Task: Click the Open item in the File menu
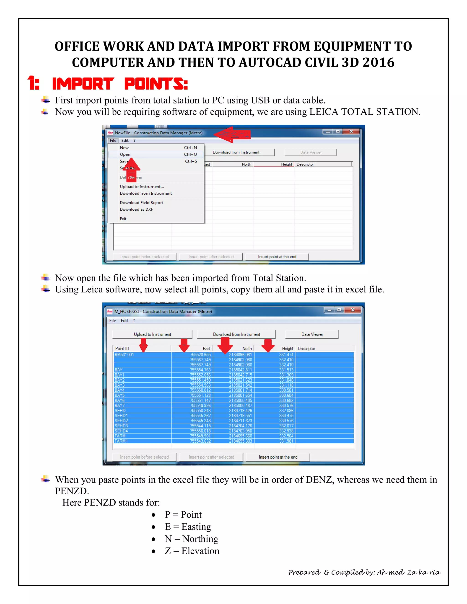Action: (125, 154)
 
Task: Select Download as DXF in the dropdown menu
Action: (136, 209)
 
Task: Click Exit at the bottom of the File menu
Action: (123, 219)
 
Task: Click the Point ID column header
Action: (122, 348)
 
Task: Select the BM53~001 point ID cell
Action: (124, 355)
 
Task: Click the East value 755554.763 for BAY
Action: (200, 370)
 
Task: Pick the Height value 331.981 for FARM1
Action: (286, 441)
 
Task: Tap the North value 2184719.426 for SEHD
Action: (240, 410)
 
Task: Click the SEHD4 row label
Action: (121, 431)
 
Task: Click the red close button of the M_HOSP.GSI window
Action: (353, 310)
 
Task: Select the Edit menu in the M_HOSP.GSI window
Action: (124, 320)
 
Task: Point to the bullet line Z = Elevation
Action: (192, 551)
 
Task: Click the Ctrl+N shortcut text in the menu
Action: (190, 147)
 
